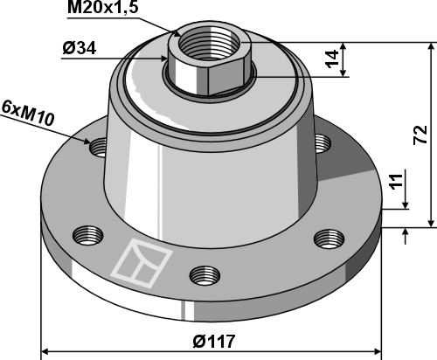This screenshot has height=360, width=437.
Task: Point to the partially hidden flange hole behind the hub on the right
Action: (322, 141)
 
